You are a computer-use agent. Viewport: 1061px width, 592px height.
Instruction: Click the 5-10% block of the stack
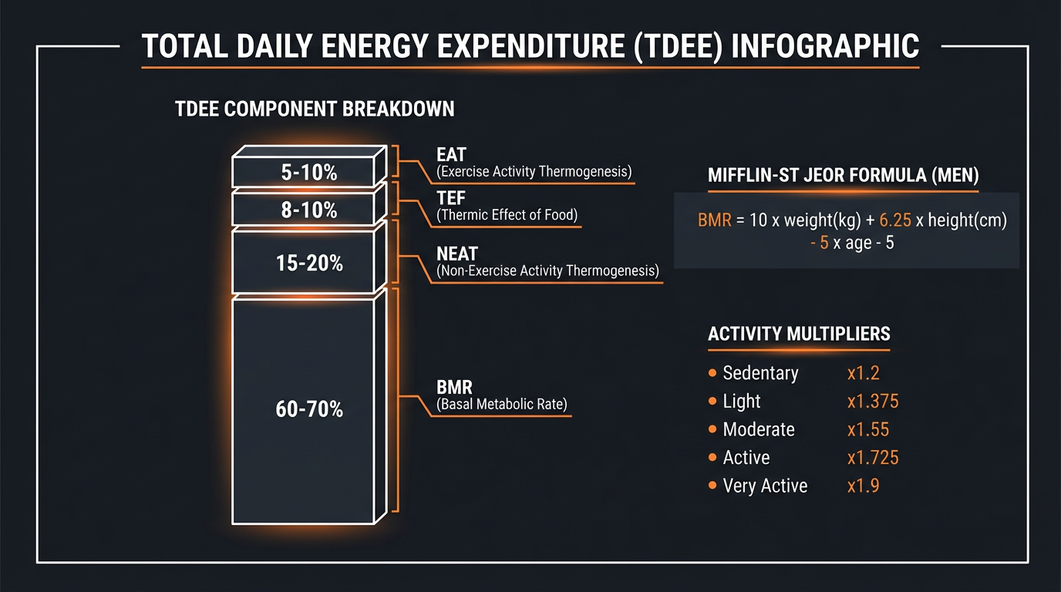coord(308,173)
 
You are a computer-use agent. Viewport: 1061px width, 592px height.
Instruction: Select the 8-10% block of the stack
coord(308,210)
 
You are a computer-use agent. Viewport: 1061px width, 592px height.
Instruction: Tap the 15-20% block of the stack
coord(308,264)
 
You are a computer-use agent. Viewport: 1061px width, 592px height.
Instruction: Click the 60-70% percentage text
coord(308,409)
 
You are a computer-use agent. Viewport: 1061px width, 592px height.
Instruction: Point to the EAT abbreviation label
coord(451,155)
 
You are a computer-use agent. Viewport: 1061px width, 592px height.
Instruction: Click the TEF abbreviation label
coord(451,199)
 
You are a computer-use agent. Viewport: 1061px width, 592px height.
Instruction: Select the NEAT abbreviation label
coord(457,254)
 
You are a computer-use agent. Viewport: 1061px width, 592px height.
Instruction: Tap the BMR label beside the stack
coord(453,387)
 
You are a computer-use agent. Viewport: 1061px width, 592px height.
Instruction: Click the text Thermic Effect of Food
coord(507,216)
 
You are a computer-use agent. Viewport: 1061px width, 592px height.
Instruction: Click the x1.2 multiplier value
coord(863,373)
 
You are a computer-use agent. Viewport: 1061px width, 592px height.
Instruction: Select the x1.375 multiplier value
coord(872,402)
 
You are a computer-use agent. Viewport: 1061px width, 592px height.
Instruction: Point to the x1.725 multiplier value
coord(872,458)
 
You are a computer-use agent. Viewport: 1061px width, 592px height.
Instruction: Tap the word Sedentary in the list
coord(760,373)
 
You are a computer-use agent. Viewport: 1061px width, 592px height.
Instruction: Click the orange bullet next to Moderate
coord(712,430)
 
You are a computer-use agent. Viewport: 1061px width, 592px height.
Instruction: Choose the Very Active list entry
coord(765,486)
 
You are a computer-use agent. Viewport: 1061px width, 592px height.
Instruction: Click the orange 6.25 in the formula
coord(894,220)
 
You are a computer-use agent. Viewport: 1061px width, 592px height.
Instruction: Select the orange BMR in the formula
coord(713,220)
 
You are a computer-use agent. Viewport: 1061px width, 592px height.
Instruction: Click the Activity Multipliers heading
coord(799,334)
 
